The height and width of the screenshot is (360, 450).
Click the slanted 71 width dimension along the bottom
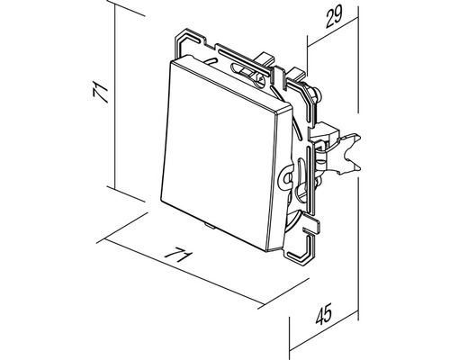click(183, 258)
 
